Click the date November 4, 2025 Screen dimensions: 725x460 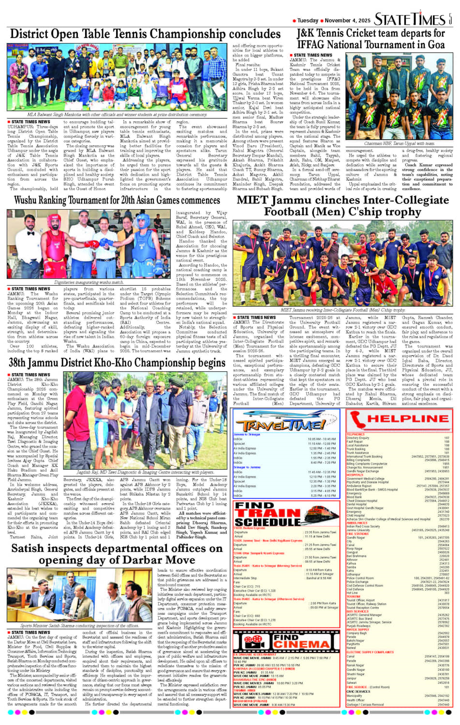pos(347,20)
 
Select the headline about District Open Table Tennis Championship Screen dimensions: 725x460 pos(145,34)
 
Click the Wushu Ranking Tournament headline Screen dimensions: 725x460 pos(117,200)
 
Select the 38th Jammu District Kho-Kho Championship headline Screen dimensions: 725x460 pos(117,362)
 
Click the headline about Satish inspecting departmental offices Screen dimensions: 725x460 pos(117,554)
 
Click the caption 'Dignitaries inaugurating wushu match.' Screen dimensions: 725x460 pos(89,282)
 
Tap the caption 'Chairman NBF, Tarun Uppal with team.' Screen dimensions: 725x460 pos(399,144)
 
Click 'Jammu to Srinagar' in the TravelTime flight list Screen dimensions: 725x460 pos(247,435)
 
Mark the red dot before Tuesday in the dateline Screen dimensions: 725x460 pos(294,21)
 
